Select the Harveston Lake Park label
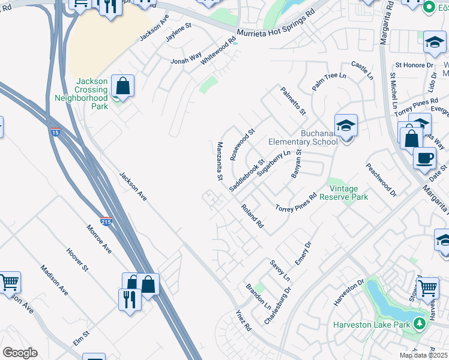click(372, 325)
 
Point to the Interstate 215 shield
click(106, 221)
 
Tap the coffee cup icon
click(425, 158)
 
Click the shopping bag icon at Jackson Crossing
click(122, 86)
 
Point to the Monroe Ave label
click(99, 238)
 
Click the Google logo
click(20, 353)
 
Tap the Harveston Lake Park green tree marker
click(420, 325)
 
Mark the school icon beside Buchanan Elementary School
click(346, 125)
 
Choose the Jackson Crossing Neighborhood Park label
click(81, 94)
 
